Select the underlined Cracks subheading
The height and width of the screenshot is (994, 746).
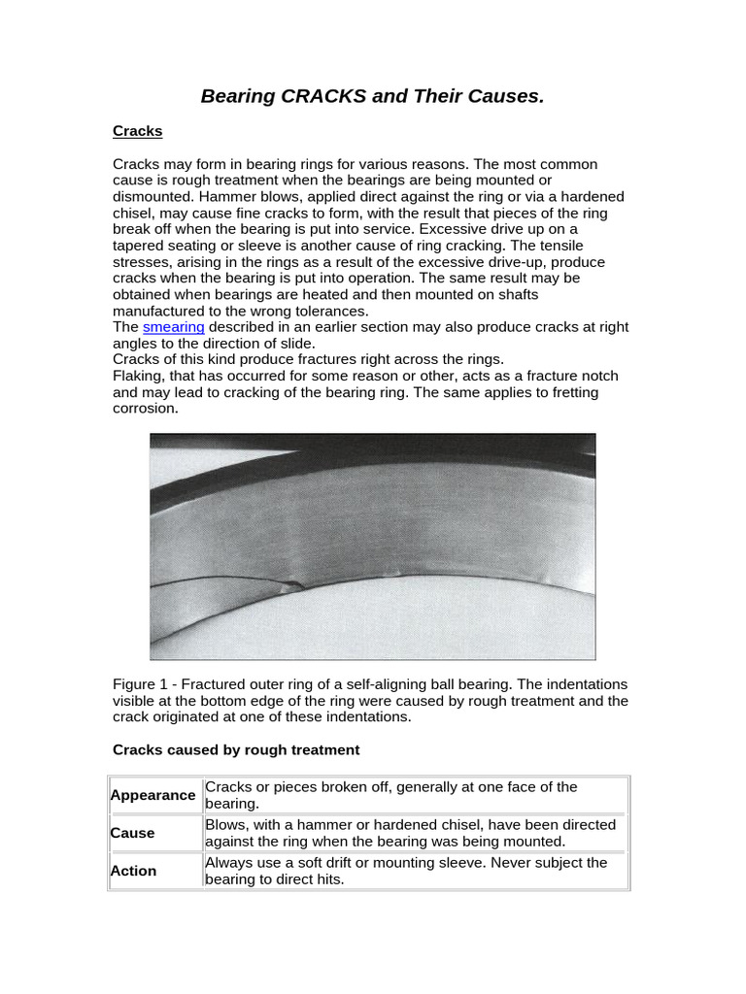(137, 130)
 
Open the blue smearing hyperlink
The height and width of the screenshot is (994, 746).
(174, 327)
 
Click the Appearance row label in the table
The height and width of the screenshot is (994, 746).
(153, 795)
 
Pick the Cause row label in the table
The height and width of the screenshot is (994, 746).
(132, 833)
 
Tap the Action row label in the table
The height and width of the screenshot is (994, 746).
(133, 871)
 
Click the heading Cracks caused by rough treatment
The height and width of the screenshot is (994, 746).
(236, 749)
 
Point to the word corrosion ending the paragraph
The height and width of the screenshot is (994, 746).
(146, 409)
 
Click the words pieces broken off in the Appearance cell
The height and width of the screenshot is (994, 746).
(323, 786)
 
